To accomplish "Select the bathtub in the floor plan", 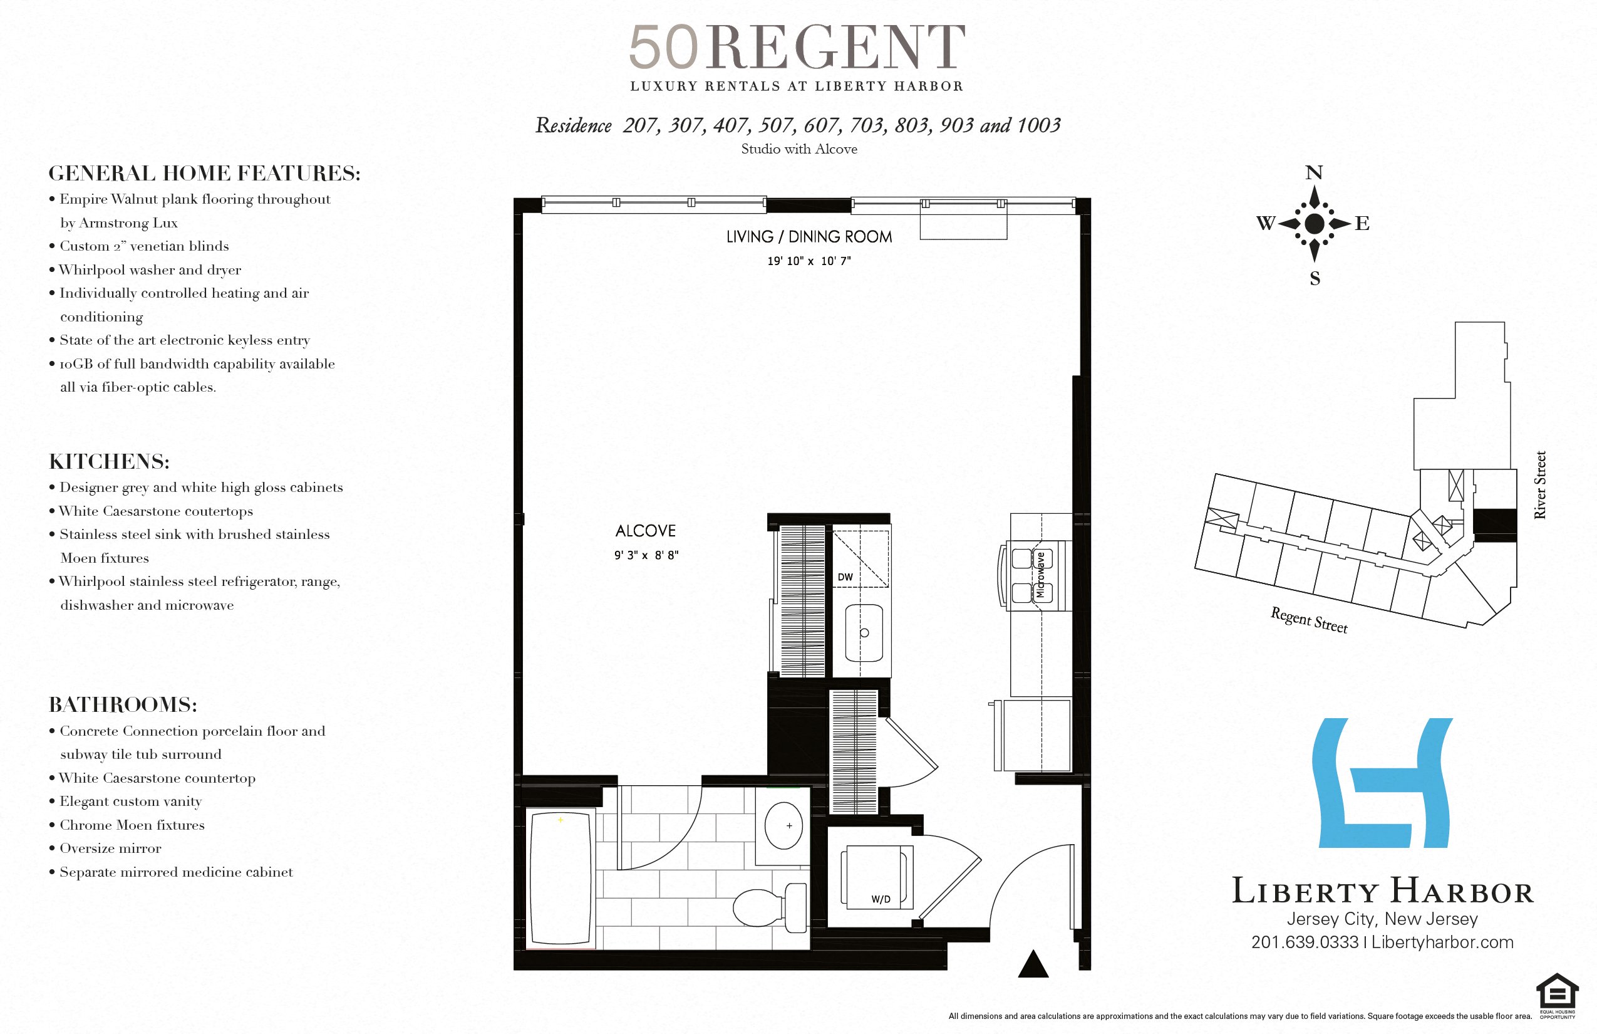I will (x=561, y=878).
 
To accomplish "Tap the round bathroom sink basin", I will (x=783, y=826).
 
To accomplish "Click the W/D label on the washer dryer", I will (x=881, y=899).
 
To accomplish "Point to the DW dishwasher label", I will (x=845, y=577).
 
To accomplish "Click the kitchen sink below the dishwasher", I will (x=864, y=632).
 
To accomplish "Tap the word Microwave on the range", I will (x=1040, y=575).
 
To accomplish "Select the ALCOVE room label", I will (x=646, y=530).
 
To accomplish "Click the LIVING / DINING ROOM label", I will (x=809, y=236).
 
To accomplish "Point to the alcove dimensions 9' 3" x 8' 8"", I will (x=646, y=555).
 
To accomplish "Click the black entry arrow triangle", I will (x=1033, y=965).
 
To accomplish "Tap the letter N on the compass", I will (x=1314, y=172).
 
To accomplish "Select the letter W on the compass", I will (x=1265, y=223).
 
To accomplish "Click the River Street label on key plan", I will (x=1540, y=485).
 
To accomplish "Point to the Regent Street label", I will (x=1308, y=620).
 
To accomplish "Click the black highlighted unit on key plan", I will (x=1494, y=525).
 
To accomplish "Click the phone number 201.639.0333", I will (x=1305, y=942).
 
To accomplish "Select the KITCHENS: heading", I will (x=110, y=461).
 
